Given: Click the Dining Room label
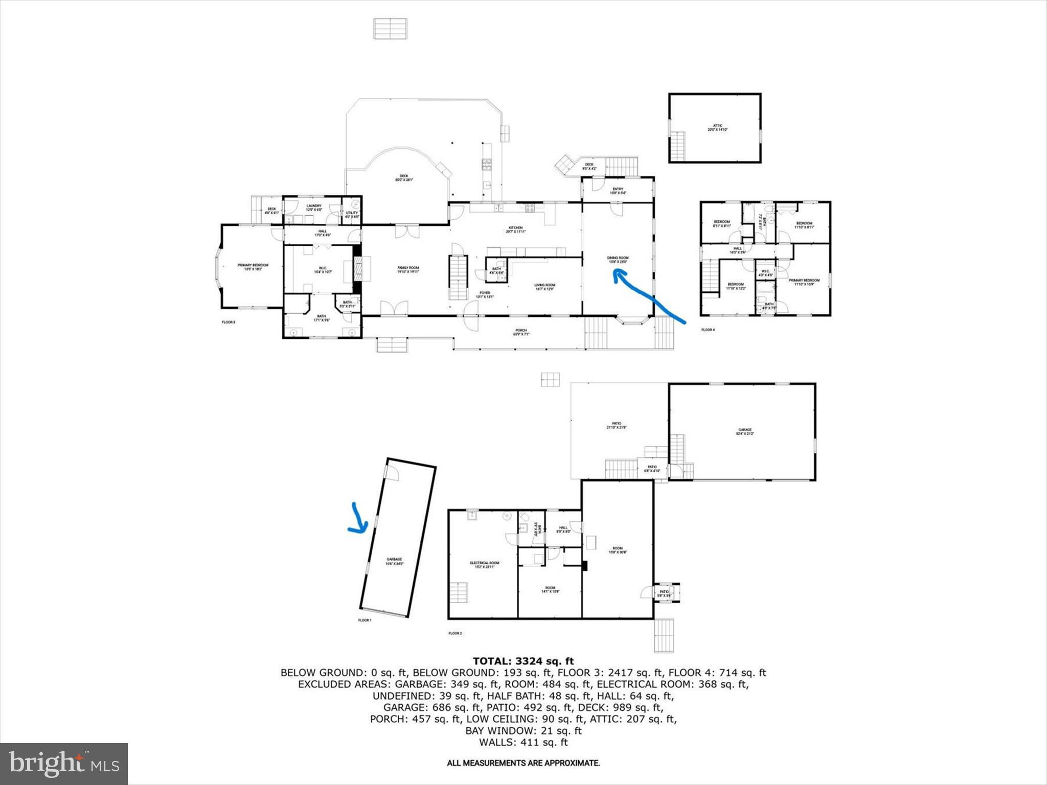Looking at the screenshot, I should coord(618,260).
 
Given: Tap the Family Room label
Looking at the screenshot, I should coord(408,270).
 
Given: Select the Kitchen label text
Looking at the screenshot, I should coord(515,229).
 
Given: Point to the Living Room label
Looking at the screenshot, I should coord(544,287).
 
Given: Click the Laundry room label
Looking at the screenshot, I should coord(313,208).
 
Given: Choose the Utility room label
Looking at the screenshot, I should coord(352,215).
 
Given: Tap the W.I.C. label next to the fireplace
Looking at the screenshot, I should coord(323,270).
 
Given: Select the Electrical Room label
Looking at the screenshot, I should coord(484,565).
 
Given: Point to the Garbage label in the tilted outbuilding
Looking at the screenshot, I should coord(394,561).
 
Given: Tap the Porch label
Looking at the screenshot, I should coord(520,332).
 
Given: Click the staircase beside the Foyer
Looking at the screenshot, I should coord(459,278).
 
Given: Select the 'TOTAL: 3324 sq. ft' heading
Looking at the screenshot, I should coord(523,661).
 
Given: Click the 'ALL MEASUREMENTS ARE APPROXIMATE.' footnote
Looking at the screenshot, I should coord(523,763).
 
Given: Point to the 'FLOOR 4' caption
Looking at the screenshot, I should coord(708,330).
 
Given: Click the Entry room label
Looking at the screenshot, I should coord(618,191).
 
